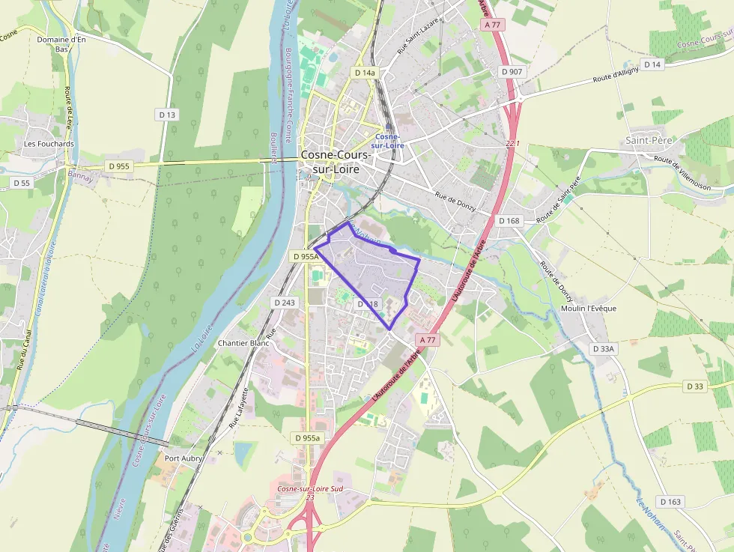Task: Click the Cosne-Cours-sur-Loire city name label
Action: click(336, 162)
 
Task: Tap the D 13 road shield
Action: click(167, 115)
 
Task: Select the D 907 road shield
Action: click(512, 71)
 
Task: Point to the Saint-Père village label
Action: click(649, 140)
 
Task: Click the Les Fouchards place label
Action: click(49, 143)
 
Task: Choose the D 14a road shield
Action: click(364, 73)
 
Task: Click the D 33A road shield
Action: click(603, 349)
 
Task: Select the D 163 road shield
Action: click(670, 501)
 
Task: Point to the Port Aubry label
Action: click(183, 458)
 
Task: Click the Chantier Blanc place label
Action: click(237, 343)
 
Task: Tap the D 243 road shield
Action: click(285, 302)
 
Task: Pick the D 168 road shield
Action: click(509, 221)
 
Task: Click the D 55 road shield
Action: click(21, 183)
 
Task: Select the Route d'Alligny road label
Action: click(616, 76)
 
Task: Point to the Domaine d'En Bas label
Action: click(61, 44)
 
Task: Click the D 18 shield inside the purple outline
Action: click(368, 304)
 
